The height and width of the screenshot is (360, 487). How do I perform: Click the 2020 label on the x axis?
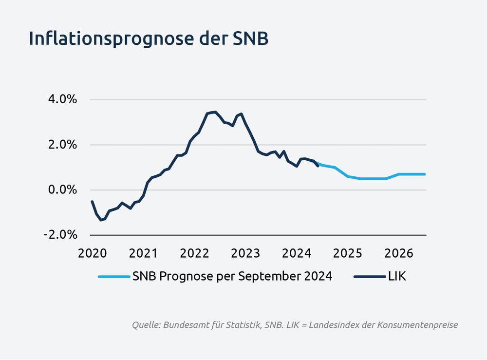pyautogui.click(x=92, y=253)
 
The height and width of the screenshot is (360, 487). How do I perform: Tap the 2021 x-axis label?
pyautogui.click(x=143, y=253)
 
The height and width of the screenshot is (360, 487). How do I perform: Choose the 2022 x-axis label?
pyautogui.click(x=194, y=253)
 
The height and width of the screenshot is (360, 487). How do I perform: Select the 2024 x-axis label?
pyautogui.click(x=297, y=253)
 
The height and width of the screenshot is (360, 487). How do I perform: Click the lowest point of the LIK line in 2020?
pyautogui.click(x=101, y=220)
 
